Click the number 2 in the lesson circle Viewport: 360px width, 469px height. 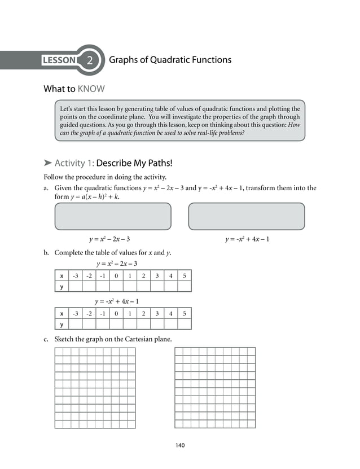90,60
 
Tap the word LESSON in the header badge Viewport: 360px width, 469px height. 60,60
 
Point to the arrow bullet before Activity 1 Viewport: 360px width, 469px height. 47,164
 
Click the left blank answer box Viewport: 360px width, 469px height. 112,216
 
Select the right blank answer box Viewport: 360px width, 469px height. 246,216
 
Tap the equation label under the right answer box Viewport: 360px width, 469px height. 247,239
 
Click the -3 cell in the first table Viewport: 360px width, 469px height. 75,276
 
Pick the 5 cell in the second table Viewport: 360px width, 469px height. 185,313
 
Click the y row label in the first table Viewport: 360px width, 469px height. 61,287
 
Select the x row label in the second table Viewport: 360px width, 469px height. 61,313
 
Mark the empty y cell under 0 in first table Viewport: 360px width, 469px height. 116,287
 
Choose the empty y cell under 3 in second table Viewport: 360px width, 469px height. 157,324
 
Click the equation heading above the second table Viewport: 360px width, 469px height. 117,301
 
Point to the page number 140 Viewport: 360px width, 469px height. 180,445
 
